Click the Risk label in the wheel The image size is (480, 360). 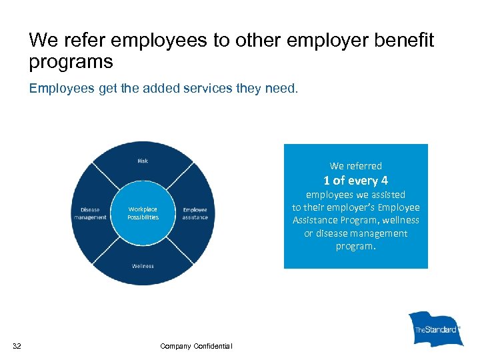coord(143,161)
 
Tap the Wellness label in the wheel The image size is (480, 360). coord(143,266)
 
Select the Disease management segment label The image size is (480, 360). coord(89,213)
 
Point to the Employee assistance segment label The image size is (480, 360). coord(195,213)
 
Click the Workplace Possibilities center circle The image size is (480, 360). coord(143,213)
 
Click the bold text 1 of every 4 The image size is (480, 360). coord(355,180)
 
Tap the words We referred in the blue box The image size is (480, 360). coord(356,166)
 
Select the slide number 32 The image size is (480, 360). coord(17,345)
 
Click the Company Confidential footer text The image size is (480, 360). coord(196,345)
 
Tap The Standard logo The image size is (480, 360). coord(436,329)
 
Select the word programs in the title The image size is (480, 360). coord(71,62)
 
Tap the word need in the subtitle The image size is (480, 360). coord(283,88)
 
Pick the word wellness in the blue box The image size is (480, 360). coord(397,220)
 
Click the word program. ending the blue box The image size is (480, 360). coord(356,246)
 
